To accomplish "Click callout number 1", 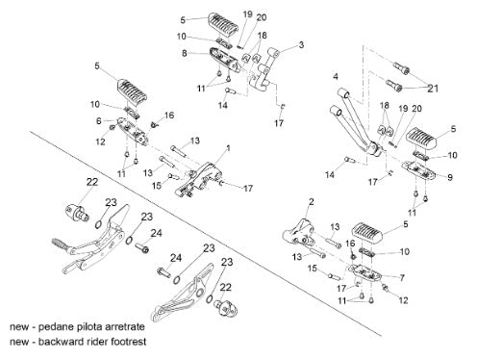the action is click(228, 148).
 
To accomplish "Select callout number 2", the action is click(312, 202).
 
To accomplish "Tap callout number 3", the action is click(301, 44).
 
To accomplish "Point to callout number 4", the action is click(336, 76).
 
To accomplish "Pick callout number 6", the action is click(99, 120).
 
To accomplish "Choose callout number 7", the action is click(402, 277).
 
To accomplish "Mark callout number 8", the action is click(185, 53).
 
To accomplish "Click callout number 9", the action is click(450, 177).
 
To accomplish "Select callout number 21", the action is click(433, 89).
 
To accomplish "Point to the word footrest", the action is click(128, 342).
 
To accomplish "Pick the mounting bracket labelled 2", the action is click(299, 232).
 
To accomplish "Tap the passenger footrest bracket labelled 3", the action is click(264, 70).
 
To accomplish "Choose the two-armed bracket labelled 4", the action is click(357, 123).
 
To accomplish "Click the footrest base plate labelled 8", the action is click(225, 61).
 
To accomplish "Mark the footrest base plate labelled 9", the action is click(419, 170).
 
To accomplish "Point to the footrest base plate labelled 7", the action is click(365, 272).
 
